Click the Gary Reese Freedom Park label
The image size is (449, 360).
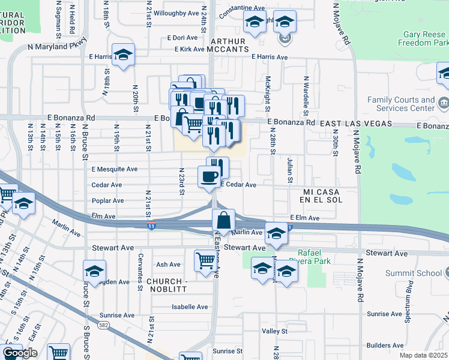[424, 39]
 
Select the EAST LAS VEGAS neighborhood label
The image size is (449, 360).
[355, 123]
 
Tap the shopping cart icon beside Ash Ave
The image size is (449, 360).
[205, 260]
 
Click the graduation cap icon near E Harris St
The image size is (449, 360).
[124, 55]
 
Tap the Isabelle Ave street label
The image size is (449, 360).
[190, 307]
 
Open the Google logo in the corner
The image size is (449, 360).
[20, 353]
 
